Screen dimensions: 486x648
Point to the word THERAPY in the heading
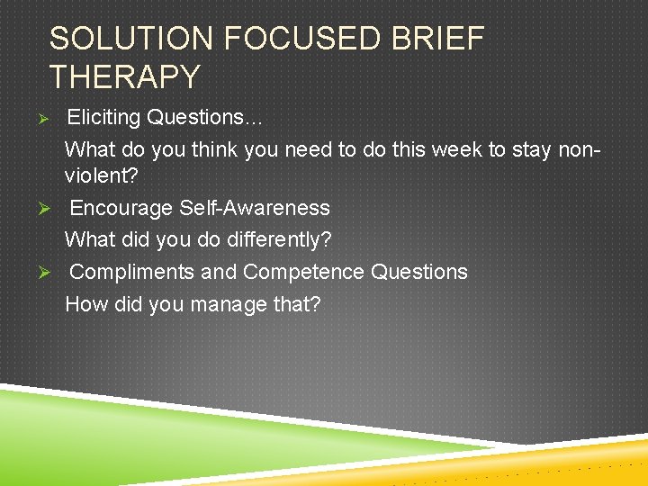[124, 77]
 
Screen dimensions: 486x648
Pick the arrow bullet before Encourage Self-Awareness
[53, 209]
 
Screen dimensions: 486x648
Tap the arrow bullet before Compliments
[53, 273]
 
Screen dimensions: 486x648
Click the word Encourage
[121, 208]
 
